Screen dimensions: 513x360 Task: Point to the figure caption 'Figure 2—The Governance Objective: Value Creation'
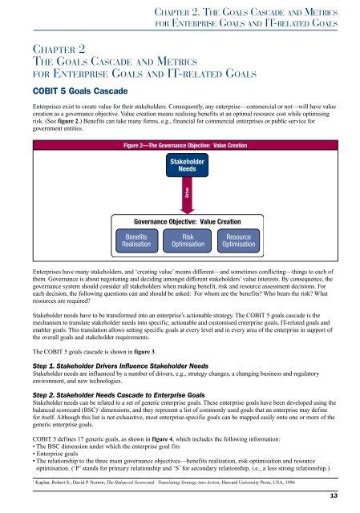[x=186, y=147]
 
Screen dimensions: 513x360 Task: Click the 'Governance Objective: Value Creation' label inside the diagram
[x=186, y=221]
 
